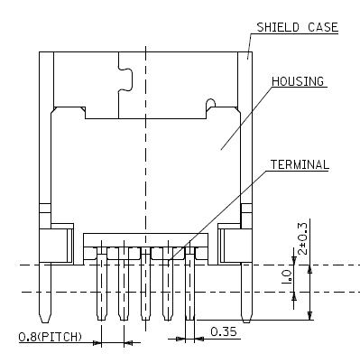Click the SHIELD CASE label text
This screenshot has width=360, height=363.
tap(298, 27)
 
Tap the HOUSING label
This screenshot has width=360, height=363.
tap(298, 81)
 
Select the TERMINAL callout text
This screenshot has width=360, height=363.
tap(300, 164)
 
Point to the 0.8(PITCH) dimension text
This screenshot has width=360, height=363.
tap(51, 337)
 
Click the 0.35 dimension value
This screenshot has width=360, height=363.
tap(224, 331)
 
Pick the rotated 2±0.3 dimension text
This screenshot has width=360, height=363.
tap(303, 238)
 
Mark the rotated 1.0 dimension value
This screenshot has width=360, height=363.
tap(286, 277)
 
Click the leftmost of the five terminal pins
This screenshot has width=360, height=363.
tap(101, 283)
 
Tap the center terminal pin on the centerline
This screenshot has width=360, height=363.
tap(145, 283)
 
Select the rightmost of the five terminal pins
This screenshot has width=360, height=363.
tap(189, 283)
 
